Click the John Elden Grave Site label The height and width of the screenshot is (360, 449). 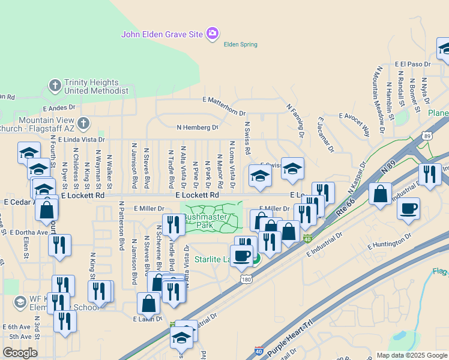tap(162, 34)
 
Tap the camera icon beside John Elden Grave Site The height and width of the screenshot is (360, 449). tap(212, 34)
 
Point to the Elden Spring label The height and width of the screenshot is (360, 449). tap(240, 44)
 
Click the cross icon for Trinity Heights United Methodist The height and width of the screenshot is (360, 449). tap(55, 85)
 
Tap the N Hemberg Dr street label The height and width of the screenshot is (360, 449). tap(197, 127)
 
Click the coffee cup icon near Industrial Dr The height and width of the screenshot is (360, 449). tap(408, 209)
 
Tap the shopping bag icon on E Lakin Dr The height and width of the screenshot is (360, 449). tap(148, 304)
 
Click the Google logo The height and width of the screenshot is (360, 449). tap(20, 353)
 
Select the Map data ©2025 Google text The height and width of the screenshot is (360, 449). tap(411, 355)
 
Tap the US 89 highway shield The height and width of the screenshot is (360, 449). tap(427, 136)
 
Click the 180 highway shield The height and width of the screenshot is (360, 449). tap(244, 278)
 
